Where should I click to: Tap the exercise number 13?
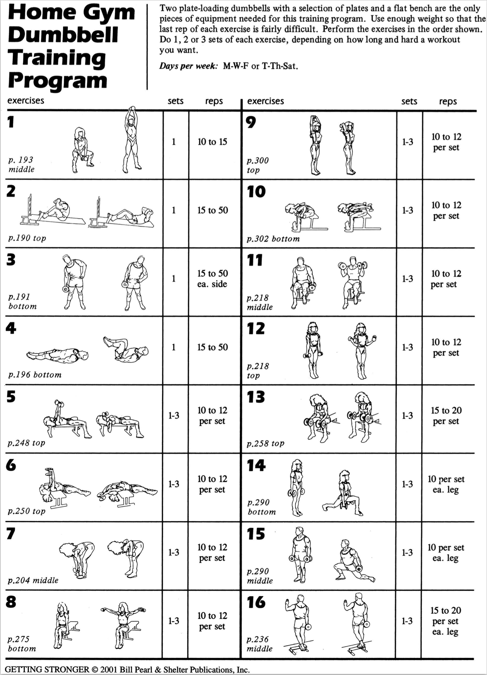tap(256, 397)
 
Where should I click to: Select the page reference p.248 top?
tap(27, 443)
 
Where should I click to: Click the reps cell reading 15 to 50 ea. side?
tap(212, 279)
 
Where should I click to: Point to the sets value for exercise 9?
tap(407, 142)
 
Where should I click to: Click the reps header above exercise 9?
tap(448, 102)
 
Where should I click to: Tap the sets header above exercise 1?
tap(176, 101)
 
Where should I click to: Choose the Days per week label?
tap(188, 66)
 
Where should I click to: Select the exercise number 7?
tap(11, 533)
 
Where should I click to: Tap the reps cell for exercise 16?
tap(446, 621)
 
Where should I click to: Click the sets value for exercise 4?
tap(173, 347)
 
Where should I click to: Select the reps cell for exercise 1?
tap(212, 142)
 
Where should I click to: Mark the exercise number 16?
tap(256, 602)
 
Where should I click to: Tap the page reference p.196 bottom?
tap(35, 375)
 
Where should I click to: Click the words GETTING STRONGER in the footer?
tap(47, 669)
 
